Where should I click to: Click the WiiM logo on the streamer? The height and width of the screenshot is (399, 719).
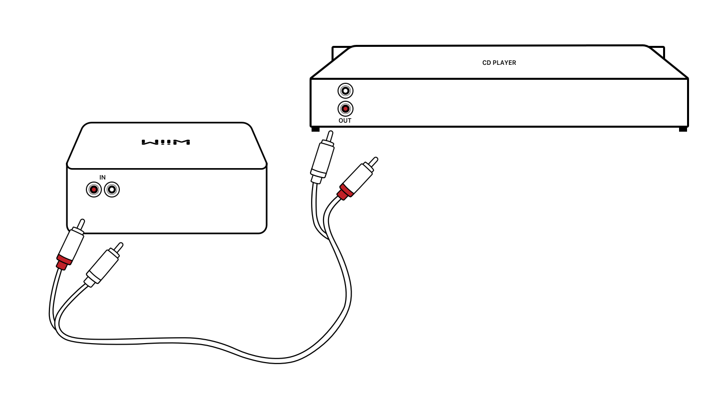tap(166, 142)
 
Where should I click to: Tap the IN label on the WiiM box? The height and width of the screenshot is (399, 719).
tap(102, 178)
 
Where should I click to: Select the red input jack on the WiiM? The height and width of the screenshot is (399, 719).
tap(94, 190)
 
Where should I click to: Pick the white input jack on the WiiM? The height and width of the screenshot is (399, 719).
tap(112, 190)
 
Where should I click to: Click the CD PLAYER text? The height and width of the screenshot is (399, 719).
tap(499, 63)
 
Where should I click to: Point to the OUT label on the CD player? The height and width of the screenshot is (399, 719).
tap(345, 121)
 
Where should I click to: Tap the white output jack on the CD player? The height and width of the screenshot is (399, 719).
tap(345, 91)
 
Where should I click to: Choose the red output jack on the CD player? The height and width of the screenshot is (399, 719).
tap(345, 109)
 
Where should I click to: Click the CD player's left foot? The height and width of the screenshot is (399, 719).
tap(316, 129)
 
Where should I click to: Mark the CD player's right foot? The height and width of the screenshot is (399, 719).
tap(683, 129)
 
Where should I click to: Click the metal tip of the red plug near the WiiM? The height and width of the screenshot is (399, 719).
tap(81, 224)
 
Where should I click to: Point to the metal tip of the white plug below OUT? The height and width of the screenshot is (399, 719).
tap(330, 135)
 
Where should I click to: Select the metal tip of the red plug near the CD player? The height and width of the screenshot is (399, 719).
tap(373, 162)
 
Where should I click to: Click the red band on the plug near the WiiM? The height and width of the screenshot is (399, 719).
tap(63, 261)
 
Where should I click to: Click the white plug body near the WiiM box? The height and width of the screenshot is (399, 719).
tap(102, 265)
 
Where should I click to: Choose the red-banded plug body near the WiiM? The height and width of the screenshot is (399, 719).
tap(71, 244)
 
